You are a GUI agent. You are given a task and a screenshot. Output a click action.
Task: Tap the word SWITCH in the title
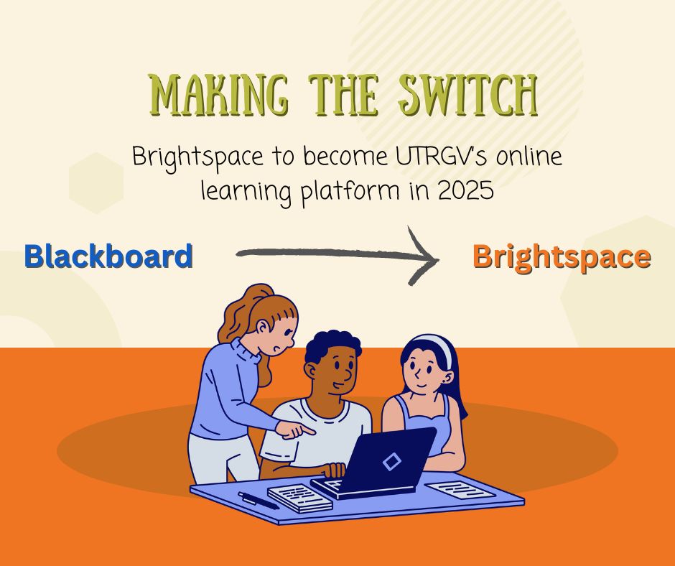[x=468, y=95]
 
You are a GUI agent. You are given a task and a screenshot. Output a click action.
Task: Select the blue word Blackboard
[x=108, y=256]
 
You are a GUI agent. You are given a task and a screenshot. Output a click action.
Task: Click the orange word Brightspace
[x=562, y=257]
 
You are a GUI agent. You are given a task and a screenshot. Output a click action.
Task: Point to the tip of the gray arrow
[x=438, y=259]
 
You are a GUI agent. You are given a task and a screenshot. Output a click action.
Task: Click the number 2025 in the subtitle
[x=465, y=191]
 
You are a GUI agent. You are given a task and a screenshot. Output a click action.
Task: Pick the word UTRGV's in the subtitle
[x=442, y=157]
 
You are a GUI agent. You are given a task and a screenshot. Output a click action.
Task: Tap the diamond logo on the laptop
[x=392, y=462]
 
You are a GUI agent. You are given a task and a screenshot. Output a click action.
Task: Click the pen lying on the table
[x=259, y=501]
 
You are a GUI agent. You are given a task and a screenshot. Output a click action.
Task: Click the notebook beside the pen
[x=299, y=498]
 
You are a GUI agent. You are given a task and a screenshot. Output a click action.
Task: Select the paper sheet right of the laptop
[x=460, y=490]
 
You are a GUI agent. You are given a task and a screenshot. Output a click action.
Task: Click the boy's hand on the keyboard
[x=334, y=470]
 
